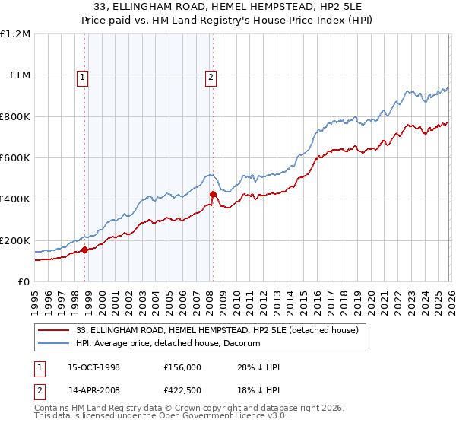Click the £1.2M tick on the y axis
[15, 34]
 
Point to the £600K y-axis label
[15, 158]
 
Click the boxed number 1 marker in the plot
[81, 76]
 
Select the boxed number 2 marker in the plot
[210, 76]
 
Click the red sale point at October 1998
[85, 250]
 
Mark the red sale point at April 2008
[213, 194]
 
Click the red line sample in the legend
[55, 330]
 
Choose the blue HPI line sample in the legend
[55, 344]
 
